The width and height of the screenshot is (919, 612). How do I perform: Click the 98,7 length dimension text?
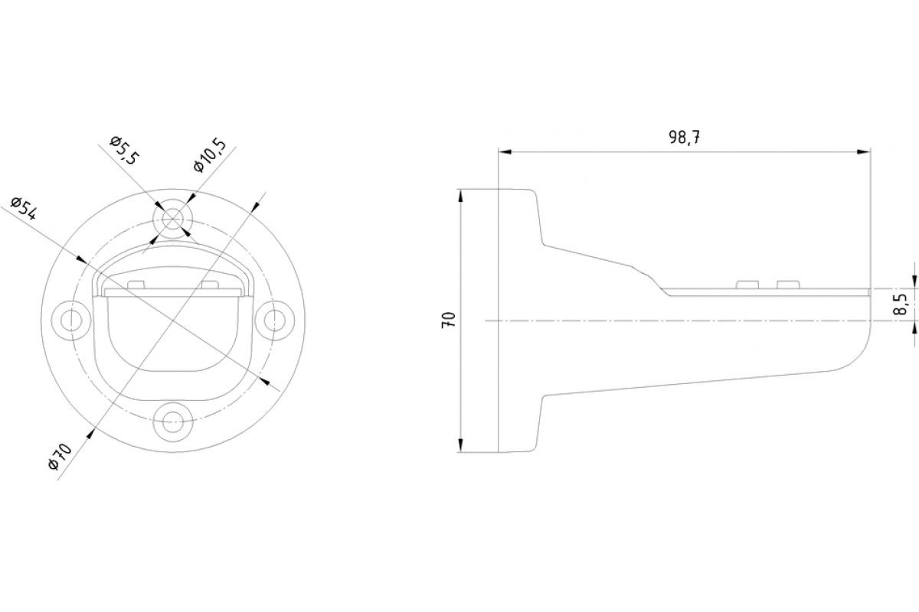tap(685, 138)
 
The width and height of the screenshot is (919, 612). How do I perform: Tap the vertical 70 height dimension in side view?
tap(450, 320)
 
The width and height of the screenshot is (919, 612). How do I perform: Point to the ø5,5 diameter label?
tap(124, 151)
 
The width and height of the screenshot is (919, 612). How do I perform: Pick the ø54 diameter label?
tap(25, 209)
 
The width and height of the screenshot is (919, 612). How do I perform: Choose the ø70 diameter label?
tap(60, 457)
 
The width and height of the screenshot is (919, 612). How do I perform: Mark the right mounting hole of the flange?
tap(274, 318)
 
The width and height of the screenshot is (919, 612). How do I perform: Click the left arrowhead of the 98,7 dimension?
tap(505, 152)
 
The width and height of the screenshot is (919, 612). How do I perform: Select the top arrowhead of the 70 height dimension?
tap(461, 196)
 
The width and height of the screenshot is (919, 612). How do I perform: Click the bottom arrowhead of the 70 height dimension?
tap(461, 445)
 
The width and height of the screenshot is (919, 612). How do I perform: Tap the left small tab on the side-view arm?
tap(747, 285)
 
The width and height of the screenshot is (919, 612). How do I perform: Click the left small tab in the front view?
tap(136, 285)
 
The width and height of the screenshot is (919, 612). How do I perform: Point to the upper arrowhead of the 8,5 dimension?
tap(914, 284)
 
